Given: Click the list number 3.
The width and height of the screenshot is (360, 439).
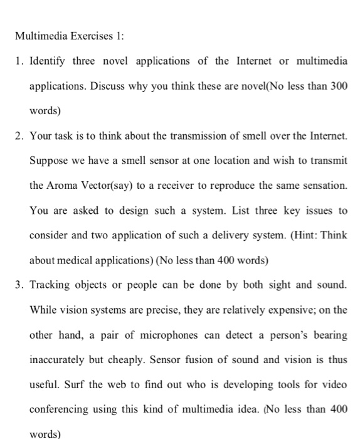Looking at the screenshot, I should (19, 284).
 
